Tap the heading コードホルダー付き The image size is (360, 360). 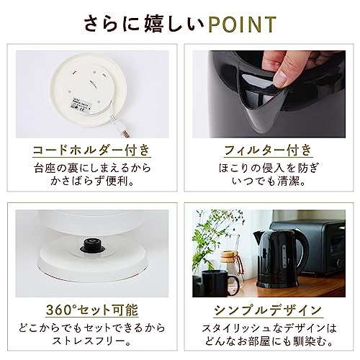click(x=91, y=150)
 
